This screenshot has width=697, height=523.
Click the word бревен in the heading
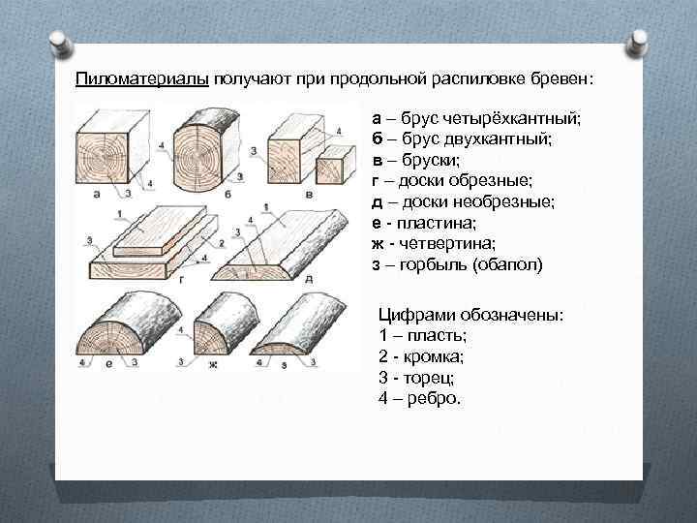(x=576, y=77)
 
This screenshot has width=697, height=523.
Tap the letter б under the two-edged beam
(x=227, y=194)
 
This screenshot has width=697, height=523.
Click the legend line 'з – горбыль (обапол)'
(x=457, y=264)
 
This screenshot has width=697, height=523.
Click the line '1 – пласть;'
(x=422, y=335)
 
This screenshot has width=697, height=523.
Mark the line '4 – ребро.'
(x=421, y=398)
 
